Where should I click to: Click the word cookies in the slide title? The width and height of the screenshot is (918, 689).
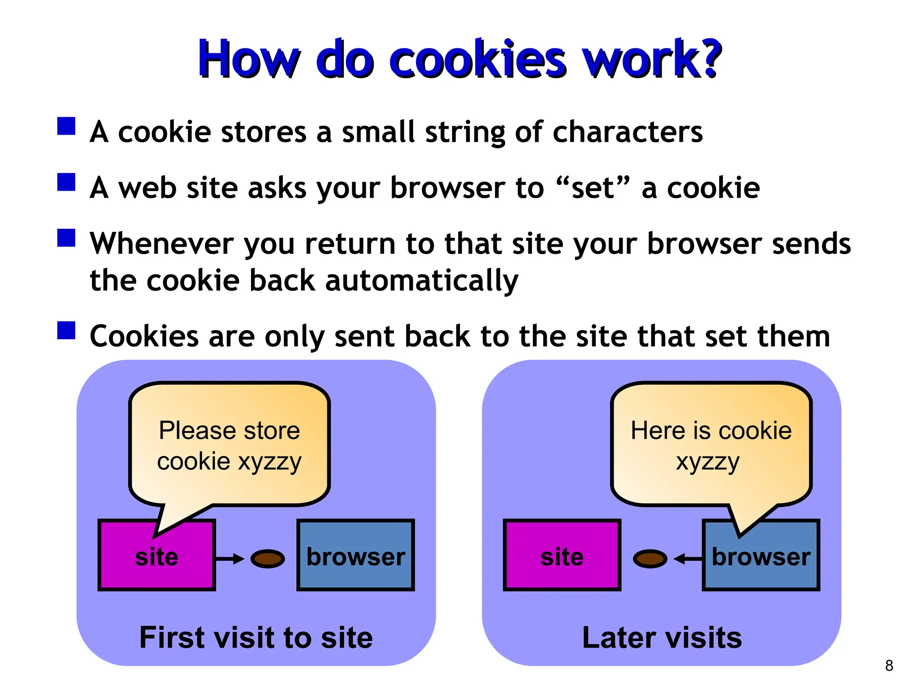pos(477,61)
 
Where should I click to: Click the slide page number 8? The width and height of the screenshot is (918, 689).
pos(889,666)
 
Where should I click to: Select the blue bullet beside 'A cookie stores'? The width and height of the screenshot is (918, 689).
pos(66,126)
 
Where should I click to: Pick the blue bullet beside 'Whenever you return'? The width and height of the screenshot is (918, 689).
pos(66,238)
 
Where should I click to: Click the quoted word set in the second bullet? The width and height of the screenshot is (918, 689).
pos(593,188)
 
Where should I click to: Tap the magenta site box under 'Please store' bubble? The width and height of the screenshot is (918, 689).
pos(156,556)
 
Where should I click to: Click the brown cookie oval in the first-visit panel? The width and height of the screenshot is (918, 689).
pos(268,559)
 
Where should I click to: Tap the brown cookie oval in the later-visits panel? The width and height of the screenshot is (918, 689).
pos(650,559)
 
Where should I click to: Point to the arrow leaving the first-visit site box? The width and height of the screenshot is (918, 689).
pos(230,559)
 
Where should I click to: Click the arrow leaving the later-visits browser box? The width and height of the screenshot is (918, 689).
pos(687,559)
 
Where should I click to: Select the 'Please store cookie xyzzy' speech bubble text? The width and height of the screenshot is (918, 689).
pos(229,446)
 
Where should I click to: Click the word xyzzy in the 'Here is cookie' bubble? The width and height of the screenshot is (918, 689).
pos(707,462)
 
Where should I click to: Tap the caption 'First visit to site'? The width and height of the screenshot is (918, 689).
pos(256,637)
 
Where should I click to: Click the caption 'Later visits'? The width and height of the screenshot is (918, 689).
pos(662,637)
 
